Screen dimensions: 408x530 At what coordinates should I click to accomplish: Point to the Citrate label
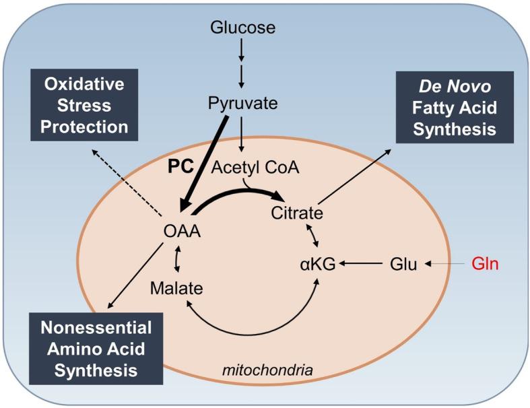(x=297, y=213)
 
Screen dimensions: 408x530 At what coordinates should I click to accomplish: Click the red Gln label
(x=480, y=265)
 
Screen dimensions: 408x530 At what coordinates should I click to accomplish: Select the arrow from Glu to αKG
(x=362, y=265)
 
